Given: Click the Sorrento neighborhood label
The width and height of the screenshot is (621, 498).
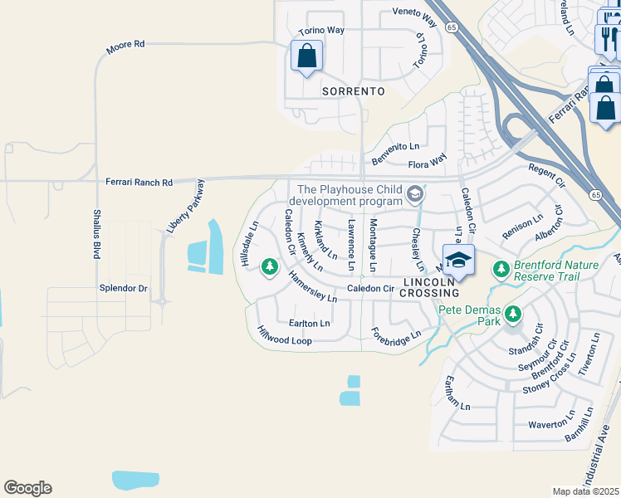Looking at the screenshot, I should pos(353,91).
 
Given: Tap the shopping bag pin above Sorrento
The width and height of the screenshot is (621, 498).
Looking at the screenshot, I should pos(306,56).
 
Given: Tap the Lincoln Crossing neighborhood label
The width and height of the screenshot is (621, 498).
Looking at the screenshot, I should pos(430,287).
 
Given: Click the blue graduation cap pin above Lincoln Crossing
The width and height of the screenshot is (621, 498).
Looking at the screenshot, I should pos(457,260).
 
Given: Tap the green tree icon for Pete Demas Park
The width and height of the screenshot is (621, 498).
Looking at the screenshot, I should pos(513,314).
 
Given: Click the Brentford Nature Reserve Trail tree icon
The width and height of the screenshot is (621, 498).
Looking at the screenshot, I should pos(501,268).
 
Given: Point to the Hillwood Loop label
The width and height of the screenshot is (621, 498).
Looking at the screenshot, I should pos(285,335).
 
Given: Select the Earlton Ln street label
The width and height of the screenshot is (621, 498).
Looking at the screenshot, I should pos(309,323).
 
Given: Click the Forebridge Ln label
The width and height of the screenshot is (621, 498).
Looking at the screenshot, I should pos(397,336).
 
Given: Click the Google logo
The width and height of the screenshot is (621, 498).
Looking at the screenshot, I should pos(27,488).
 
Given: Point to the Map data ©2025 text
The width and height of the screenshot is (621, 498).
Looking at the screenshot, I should pos(585,491).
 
